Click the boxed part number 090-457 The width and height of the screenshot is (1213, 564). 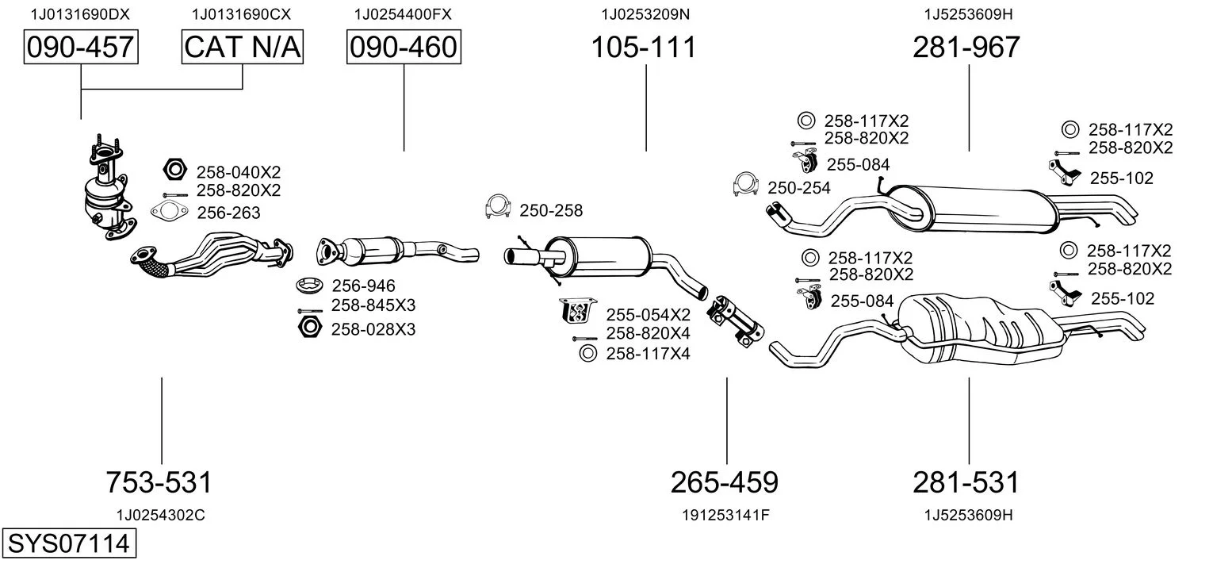[x=81, y=47]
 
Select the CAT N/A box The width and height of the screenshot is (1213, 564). [x=242, y=47]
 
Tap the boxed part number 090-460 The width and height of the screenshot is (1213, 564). [x=404, y=47]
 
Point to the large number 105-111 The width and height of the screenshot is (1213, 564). [x=643, y=47]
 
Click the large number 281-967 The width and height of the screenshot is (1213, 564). [x=966, y=47]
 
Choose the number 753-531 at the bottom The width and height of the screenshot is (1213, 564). [x=159, y=482]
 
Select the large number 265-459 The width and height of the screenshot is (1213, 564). [x=725, y=482]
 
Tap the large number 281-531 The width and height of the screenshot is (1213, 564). [x=966, y=482]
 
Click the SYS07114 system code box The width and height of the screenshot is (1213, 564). [x=69, y=543]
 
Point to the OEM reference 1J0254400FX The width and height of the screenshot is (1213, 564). [x=403, y=14]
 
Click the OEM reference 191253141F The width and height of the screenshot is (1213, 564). [x=725, y=515]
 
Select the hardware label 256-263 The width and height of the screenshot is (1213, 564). [x=228, y=213]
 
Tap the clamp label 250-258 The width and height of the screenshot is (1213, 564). [x=551, y=210]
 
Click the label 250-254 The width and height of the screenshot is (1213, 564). [x=798, y=188]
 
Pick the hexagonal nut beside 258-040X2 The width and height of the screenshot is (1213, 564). [x=174, y=170]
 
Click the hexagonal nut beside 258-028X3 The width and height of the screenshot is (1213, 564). [x=310, y=328]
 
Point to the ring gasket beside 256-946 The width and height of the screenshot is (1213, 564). [x=310, y=285]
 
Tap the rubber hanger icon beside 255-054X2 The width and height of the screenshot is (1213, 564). [x=578, y=310]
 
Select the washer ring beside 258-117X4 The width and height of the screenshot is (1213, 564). [x=587, y=353]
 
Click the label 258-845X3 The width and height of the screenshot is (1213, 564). [x=373, y=305]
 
